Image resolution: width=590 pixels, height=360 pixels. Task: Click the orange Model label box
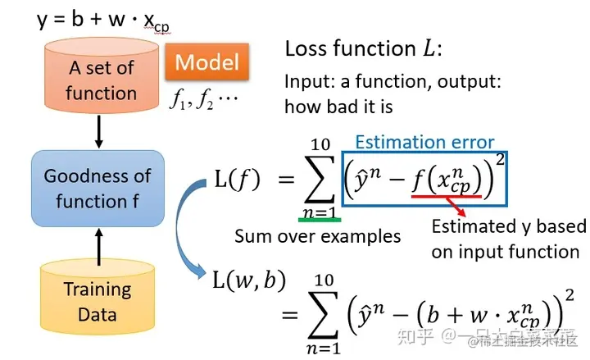click(x=207, y=62)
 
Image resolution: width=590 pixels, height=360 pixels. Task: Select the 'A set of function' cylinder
click(x=101, y=79)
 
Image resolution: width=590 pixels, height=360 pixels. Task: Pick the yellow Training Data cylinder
click(x=98, y=299)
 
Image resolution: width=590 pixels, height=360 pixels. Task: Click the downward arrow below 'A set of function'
click(x=99, y=131)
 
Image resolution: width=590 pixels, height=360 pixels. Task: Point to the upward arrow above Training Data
click(x=99, y=247)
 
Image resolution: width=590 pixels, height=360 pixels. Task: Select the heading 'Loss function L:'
click(x=364, y=48)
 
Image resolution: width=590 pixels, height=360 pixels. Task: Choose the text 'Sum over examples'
click(x=317, y=236)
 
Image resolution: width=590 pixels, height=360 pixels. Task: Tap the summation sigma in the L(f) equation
click(x=320, y=180)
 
